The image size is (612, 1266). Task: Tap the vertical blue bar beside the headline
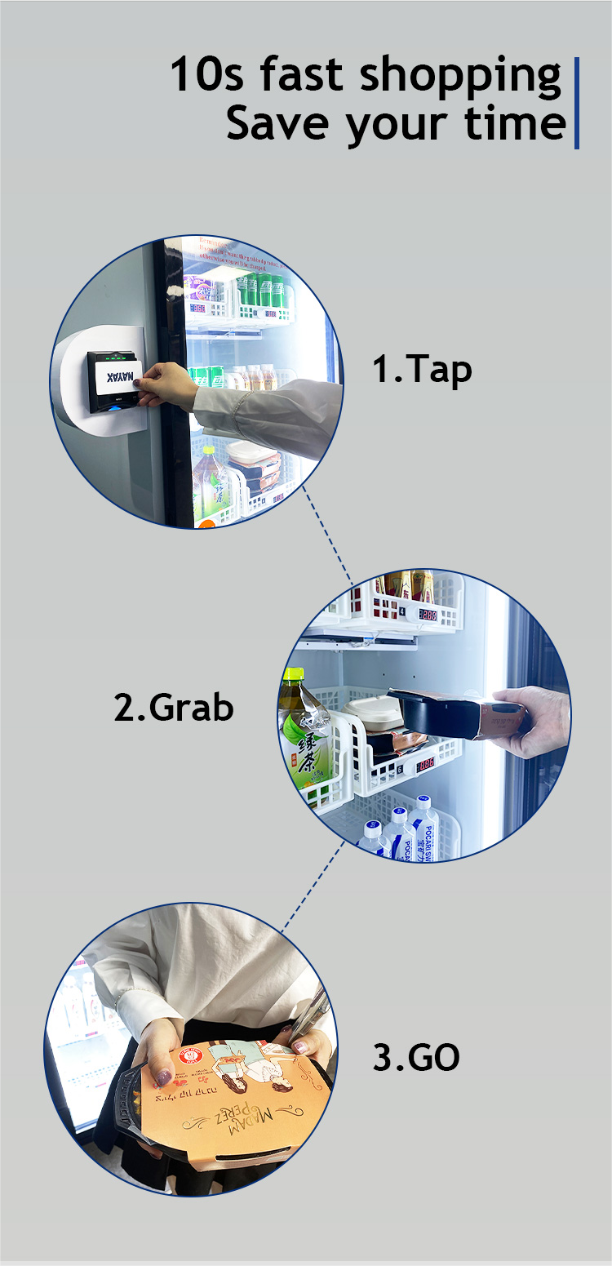(577, 103)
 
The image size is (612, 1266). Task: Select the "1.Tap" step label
(422, 369)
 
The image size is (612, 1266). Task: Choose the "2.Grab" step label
(174, 707)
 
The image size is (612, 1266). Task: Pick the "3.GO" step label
(416, 1057)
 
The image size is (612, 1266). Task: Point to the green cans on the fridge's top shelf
(263, 291)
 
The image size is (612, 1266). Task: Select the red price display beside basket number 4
(428, 614)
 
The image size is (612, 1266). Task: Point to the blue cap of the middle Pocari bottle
(398, 813)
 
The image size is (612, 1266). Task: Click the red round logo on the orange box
(188, 1055)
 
